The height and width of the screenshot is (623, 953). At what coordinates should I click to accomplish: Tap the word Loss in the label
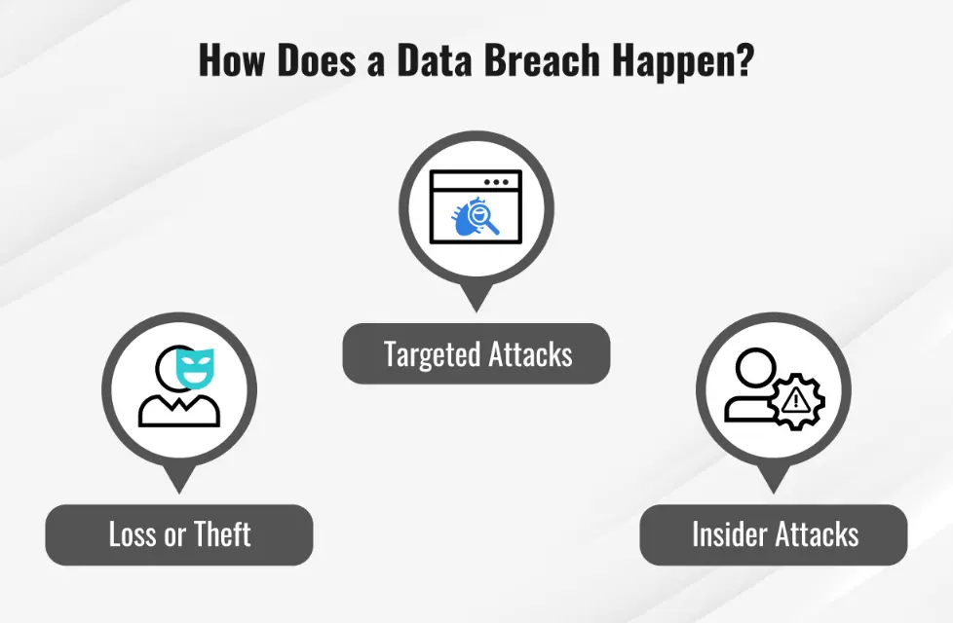tap(133, 534)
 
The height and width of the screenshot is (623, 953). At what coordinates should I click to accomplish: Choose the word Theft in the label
tap(222, 534)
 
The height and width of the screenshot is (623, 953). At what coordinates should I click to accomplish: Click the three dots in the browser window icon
tap(496, 182)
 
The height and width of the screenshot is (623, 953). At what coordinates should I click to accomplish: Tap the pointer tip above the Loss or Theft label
tap(179, 487)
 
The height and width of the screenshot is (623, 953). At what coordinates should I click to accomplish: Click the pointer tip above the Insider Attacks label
tap(773, 487)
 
